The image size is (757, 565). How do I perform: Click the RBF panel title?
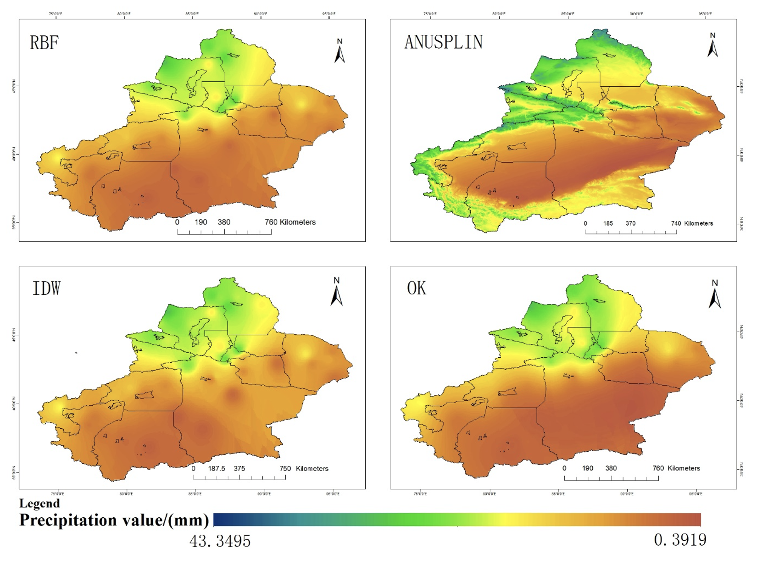(45, 43)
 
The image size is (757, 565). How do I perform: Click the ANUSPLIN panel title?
(443, 42)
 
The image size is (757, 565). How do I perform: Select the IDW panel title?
(46, 288)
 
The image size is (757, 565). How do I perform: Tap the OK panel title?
(417, 288)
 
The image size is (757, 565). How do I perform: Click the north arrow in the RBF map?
(340, 51)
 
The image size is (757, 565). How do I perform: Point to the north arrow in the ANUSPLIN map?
(712, 45)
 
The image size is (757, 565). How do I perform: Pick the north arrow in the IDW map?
(336, 292)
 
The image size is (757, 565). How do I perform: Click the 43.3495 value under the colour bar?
(220, 541)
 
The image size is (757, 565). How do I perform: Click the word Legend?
(39, 503)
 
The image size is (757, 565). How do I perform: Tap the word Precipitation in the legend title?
(68, 520)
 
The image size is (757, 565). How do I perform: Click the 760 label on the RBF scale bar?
(271, 222)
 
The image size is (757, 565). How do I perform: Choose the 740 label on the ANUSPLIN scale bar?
(676, 224)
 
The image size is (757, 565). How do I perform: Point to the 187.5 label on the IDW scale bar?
(217, 469)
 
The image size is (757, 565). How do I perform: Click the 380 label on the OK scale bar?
(611, 468)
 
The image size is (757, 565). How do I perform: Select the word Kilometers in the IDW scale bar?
(312, 469)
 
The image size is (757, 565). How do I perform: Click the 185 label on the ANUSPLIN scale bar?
(608, 224)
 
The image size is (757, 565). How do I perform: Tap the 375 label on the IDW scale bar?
(239, 469)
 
